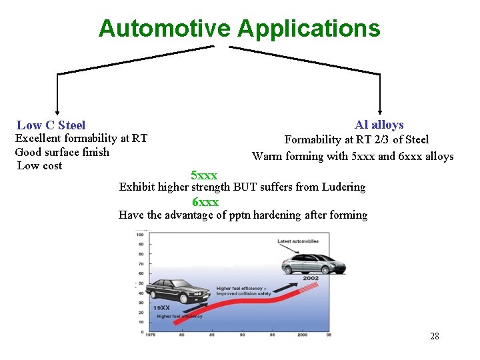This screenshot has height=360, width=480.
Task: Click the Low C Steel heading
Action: coord(51,125)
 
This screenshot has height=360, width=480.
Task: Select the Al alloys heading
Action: coord(379,125)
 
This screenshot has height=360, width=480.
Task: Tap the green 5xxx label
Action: coord(204,175)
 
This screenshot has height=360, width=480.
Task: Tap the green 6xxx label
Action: coord(205,202)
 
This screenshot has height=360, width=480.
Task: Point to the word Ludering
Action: coord(343,187)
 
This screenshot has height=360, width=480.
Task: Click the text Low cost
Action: coord(40,166)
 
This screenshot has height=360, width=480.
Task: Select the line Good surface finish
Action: coord(62,152)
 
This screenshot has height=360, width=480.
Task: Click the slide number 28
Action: coord(435,336)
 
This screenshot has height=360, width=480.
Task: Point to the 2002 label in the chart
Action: coord(311,278)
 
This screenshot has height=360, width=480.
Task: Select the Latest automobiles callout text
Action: coord(298,241)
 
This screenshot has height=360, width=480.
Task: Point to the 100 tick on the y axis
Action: coord(141,235)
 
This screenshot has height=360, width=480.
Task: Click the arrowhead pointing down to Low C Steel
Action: coord(57,112)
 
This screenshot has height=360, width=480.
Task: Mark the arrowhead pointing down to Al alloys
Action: coord(380,112)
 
